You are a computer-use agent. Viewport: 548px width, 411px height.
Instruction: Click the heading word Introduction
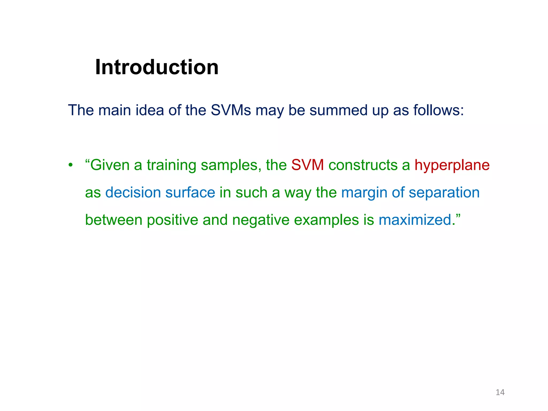pos(157,67)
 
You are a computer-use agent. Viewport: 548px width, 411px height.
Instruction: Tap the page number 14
pos(500,392)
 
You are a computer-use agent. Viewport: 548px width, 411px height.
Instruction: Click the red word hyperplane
pos(452,165)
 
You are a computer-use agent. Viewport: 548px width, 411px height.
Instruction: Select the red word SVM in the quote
pos(307,165)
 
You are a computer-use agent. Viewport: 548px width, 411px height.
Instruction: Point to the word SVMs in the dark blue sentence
pos(231,110)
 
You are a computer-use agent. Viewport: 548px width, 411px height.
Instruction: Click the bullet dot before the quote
pos(70,165)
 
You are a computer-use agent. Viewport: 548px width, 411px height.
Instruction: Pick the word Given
pos(110,165)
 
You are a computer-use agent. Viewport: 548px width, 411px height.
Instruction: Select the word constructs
pos(363,165)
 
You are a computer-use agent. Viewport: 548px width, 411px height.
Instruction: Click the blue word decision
pos(133,193)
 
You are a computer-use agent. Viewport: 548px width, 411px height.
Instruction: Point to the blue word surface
pos(190,193)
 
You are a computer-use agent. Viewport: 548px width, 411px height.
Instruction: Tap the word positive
pos(172,220)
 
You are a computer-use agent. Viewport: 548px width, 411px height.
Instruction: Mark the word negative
pos(261,220)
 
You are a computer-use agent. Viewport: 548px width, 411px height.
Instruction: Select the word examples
pos(326,220)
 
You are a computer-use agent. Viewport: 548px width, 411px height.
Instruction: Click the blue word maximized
pos(415,220)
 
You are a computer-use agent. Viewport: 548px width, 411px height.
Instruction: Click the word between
pos(113,220)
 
